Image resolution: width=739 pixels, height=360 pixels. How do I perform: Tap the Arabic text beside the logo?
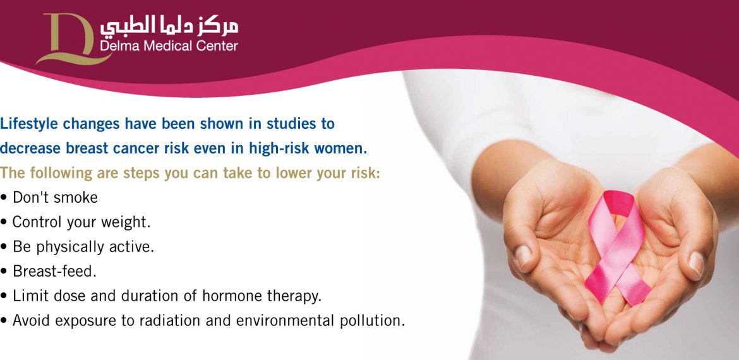(169, 27)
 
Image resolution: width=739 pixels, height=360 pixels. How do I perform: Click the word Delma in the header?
(117, 45)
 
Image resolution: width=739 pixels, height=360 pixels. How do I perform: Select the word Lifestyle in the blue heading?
(30, 124)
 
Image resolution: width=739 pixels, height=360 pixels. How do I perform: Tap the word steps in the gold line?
(142, 174)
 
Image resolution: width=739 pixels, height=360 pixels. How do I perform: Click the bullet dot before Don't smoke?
(4, 198)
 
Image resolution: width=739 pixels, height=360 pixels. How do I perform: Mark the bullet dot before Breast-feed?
(4, 272)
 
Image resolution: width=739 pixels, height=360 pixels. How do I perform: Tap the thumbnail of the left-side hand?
(523, 256)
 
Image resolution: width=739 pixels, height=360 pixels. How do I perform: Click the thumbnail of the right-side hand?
(696, 263)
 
